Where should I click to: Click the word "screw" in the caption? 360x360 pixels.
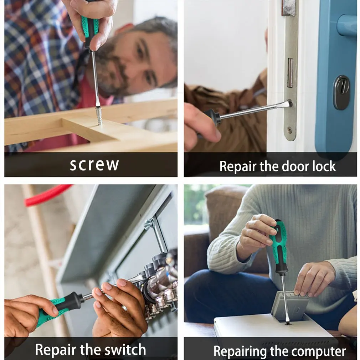(x=94, y=164)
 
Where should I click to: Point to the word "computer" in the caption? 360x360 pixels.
(x=319, y=351)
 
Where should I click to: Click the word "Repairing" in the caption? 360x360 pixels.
(x=240, y=351)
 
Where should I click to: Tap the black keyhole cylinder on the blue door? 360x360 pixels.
(x=342, y=92)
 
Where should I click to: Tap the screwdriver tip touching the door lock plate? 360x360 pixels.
(x=289, y=103)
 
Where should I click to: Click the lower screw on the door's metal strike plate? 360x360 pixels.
(x=290, y=130)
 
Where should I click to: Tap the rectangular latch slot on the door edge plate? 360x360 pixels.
(x=290, y=73)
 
